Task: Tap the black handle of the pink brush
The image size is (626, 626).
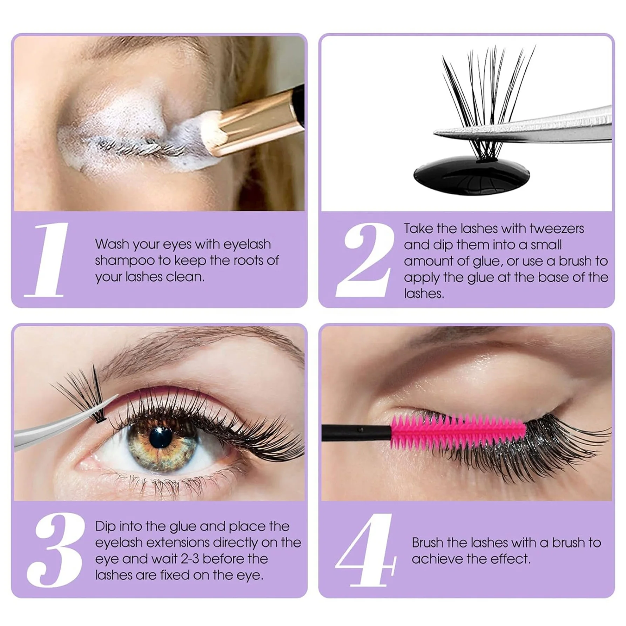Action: point(354,429)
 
